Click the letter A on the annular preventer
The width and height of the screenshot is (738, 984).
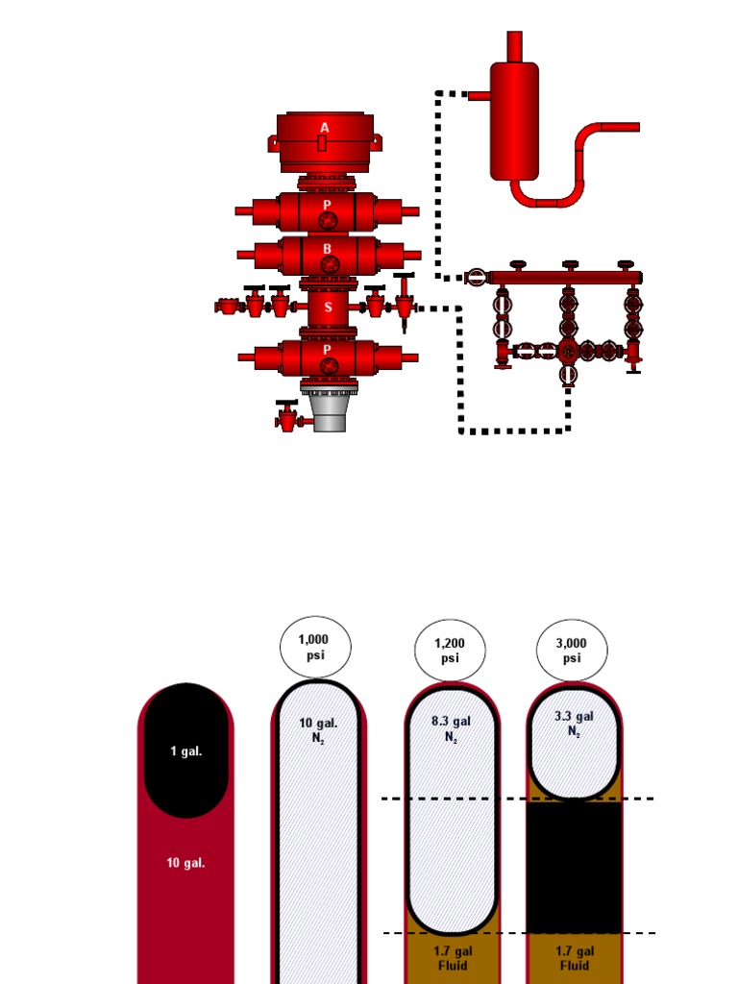click(325, 128)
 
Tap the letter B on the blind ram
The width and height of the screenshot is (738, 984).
click(327, 249)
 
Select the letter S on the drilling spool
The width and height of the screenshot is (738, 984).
click(328, 307)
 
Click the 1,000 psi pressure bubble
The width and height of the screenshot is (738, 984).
click(315, 647)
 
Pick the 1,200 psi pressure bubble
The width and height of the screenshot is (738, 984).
click(450, 651)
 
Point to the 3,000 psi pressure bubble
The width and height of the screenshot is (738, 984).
click(573, 651)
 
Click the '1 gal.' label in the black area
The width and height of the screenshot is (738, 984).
click(186, 751)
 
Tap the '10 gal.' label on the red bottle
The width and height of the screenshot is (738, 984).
click(186, 863)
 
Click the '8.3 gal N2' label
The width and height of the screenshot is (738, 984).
click(450, 728)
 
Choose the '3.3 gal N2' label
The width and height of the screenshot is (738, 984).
click(575, 723)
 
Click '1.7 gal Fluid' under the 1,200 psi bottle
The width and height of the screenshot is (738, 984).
click(450, 957)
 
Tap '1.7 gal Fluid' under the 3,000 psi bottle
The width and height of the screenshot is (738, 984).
click(575, 957)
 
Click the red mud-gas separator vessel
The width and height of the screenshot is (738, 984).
click(514, 120)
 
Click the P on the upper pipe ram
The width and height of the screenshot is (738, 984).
click(328, 205)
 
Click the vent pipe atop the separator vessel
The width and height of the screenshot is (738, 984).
click(514, 45)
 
